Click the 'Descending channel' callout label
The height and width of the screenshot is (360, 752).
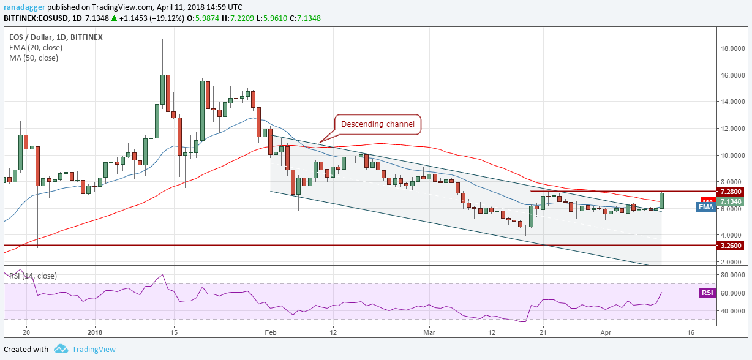click(378, 124)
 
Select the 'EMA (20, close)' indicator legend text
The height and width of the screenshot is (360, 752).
click(36, 48)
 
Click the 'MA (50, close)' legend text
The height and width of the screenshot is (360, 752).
click(34, 58)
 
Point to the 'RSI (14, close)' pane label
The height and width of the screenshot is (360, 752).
click(34, 276)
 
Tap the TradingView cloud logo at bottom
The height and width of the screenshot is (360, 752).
click(60, 349)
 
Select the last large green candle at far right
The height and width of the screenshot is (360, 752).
click(662, 200)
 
